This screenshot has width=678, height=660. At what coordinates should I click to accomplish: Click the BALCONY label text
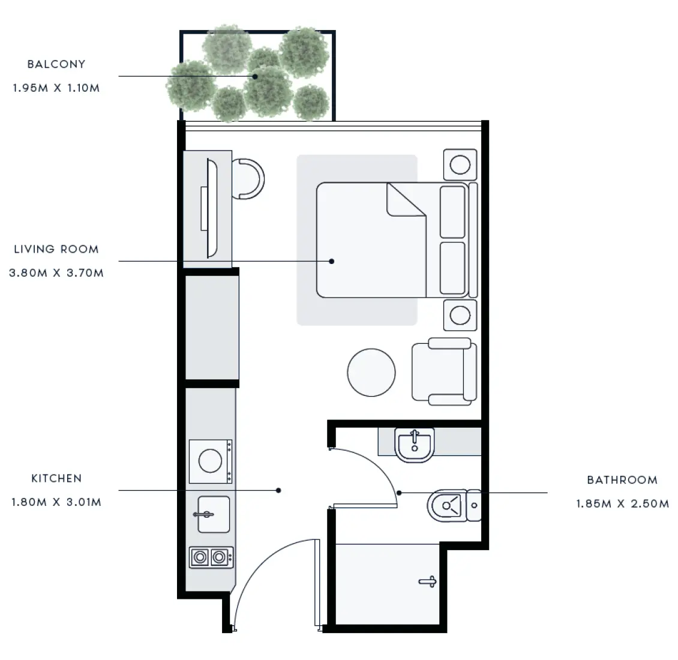click(x=56, y=64)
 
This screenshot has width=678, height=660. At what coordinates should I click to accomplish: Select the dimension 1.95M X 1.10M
click(x=56, y=88)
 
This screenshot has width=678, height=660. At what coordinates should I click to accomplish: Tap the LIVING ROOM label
click(x=56, y=249)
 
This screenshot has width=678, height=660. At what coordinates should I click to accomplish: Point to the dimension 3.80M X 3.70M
click(x=56, y=273)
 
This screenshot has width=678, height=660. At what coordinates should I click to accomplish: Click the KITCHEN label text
click(x=56, y=478)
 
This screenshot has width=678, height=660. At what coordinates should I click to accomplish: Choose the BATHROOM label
click(x=622, y=480)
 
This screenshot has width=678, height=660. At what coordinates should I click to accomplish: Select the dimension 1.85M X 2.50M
click(x=622, y=504)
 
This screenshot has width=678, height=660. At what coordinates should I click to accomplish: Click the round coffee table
click(x=371, y=373)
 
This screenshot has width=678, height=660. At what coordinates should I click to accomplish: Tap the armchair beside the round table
click(x=444, y=371)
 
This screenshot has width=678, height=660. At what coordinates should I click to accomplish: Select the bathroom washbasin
click(x=414, y=445)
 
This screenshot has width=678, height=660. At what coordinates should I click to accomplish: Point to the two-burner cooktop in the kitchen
click(x=211, y=557)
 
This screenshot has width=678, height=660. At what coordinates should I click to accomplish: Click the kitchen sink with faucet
click(x=213, y=514)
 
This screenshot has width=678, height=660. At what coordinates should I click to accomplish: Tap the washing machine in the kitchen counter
click(x=211, y=461)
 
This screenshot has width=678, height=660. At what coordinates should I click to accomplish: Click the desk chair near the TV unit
click(x=248, y=179)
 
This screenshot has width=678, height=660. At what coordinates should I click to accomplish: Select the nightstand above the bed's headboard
click(x=460, y=164)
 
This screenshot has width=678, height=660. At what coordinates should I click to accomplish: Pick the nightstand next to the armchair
click(x=460, y=315)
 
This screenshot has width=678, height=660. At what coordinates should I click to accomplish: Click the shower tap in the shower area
click(x=428, y=581)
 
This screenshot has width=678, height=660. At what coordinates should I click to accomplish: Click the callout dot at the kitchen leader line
click(x=279, y=490)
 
